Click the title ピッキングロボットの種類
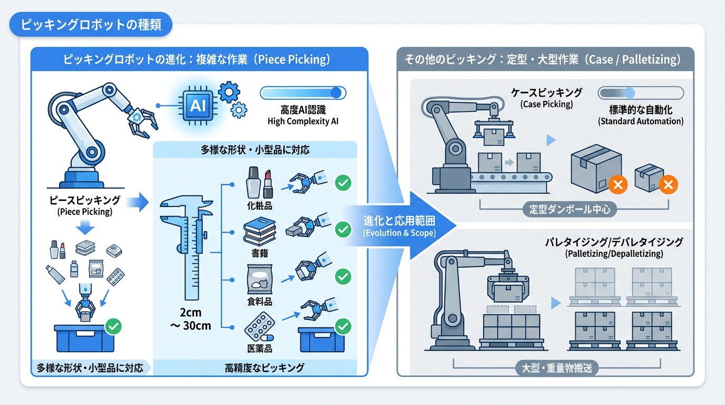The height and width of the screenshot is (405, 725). (x=91, y=24)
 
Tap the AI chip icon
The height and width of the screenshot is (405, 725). (x=198, y=105)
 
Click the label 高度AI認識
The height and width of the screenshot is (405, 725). (x=302, y=110)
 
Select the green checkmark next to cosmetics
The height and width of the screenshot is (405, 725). (x=343, y=183)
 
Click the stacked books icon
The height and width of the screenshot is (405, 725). (x=259, y=233)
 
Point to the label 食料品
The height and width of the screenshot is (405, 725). (x=259, y=301)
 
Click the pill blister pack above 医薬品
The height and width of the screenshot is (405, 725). (x=259, y=328)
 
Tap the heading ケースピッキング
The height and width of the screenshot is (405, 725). (x=546, y=93)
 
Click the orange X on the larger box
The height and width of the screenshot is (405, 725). (x=618, y=185)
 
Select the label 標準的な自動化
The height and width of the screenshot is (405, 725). (x=640, y=110)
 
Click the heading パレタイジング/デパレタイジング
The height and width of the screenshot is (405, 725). (x=614, y=242)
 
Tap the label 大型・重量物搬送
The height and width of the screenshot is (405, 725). (x=557, y=368)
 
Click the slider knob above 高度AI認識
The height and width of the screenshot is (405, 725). (x=336, y=93)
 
